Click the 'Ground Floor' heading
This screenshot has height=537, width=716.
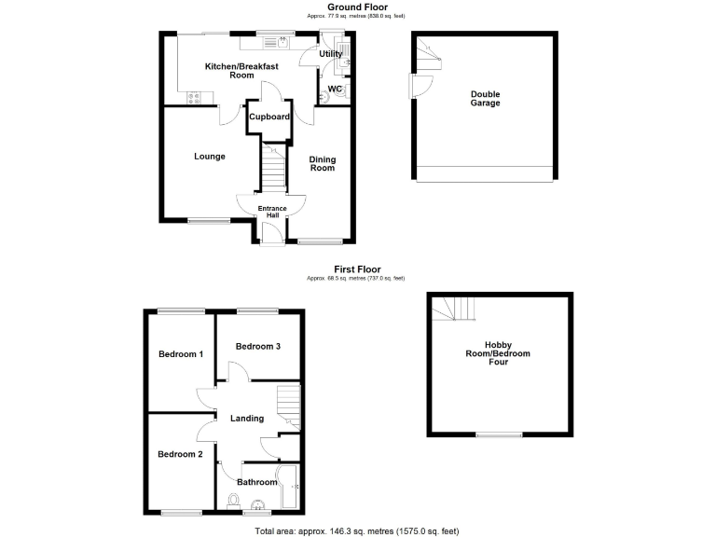click(x=357, y=7)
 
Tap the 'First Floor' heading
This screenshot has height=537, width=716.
click(x=357, y=269)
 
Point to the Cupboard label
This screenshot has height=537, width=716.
click(x=268, y=117)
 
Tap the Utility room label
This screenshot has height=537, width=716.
click(x=331, y=54)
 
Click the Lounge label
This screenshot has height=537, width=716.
click(x=210, y=157)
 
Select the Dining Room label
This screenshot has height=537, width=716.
click(x=323, y=163)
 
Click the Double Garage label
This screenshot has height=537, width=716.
click(x=485, y=99)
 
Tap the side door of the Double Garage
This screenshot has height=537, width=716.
click(x=417, y=89)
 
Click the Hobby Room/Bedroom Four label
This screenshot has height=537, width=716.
click(x=499, y=354)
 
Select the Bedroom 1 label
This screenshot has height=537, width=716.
click(x=180, y=354)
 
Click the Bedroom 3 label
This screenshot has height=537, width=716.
click(x=258, y=347)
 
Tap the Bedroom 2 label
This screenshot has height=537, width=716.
click(x=180, y=454)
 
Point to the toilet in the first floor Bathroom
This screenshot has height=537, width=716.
click(x=233, y=502)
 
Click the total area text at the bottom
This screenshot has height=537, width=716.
click(x=357, y=529)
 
